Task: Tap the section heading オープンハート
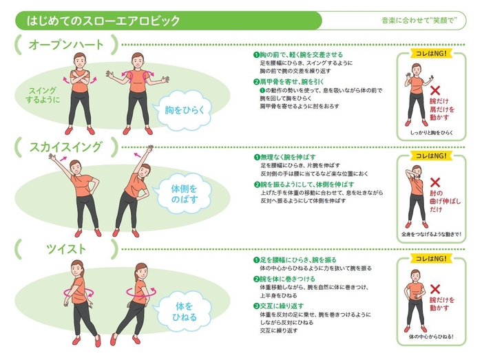pyautogui.click(x=66, y=45)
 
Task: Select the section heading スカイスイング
pyautogui.click(x=66, y=147)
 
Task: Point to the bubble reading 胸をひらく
pyautogui.click(x=183, y=109)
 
